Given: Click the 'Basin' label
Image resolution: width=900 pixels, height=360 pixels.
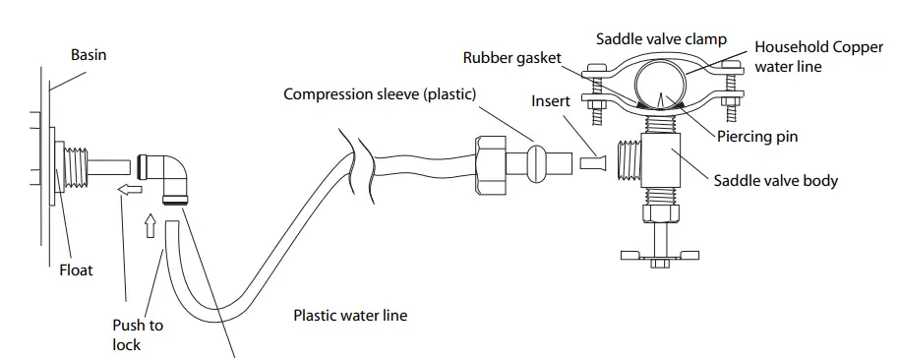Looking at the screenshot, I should click(x=88, y=56).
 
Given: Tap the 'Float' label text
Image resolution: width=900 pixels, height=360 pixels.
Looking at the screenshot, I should click(x=76, y=269).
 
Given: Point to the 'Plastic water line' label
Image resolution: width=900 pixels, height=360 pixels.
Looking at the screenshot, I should click(x=350, y=316).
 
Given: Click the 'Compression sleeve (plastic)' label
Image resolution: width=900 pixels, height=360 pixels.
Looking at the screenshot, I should click(x=380, y=94).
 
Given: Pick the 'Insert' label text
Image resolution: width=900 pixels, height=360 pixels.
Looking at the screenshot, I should click(x=551, y=101).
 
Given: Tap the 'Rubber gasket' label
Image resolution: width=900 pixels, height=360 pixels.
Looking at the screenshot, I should click(x=511, y=57).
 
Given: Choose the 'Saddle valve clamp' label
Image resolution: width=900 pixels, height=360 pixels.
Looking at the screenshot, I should click(x=661, y=38).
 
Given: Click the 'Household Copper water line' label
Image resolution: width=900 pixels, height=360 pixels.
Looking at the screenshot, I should click(x=818, y=57).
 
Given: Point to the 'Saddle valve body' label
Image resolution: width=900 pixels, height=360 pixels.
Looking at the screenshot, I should click(x=776, y=181).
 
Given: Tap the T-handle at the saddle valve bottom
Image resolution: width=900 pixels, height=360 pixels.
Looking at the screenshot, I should click(x=660, y=256).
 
